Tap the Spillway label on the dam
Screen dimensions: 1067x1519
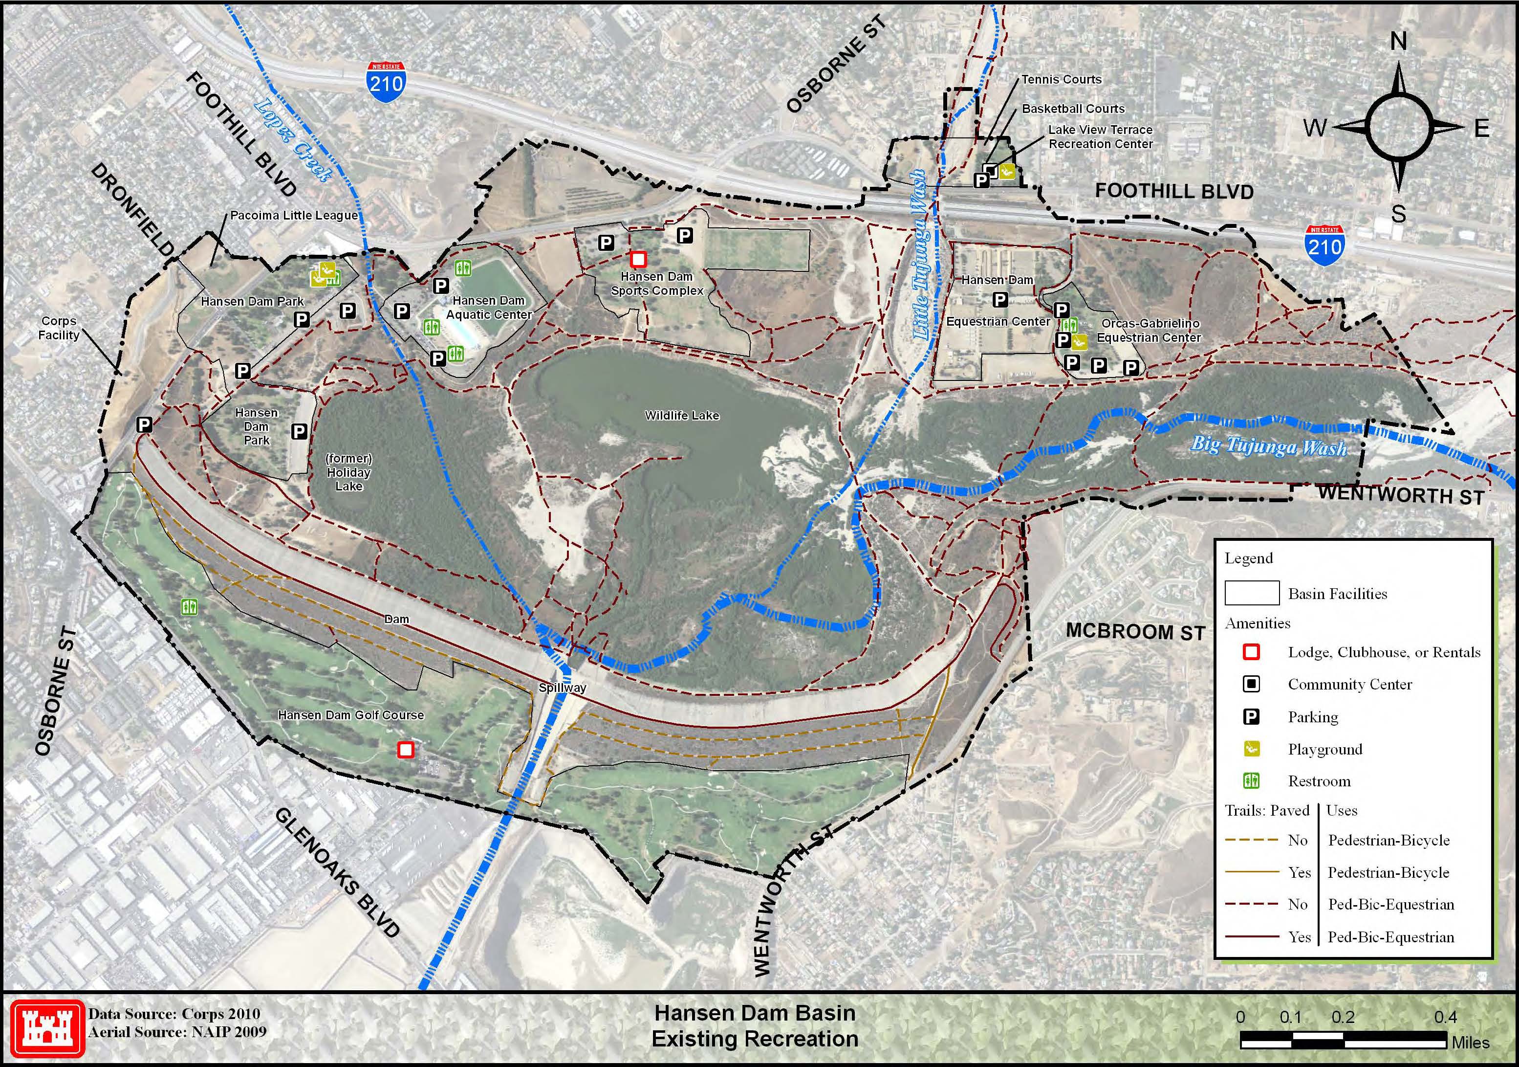563,688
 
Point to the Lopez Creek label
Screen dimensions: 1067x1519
292,140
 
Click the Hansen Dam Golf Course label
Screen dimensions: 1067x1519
350,715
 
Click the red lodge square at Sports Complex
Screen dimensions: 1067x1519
638,259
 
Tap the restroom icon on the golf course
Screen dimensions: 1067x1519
190,606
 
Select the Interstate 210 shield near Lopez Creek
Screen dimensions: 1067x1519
387,82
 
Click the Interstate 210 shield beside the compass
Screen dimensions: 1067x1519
1324,244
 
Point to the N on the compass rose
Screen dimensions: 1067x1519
1398,42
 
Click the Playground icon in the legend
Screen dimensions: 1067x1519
1251,749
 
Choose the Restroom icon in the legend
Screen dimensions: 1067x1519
1251,781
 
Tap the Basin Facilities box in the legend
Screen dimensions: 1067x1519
1252,593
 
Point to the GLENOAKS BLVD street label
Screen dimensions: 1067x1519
337,872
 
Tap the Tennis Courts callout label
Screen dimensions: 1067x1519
1061,79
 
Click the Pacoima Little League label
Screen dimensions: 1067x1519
294,216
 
